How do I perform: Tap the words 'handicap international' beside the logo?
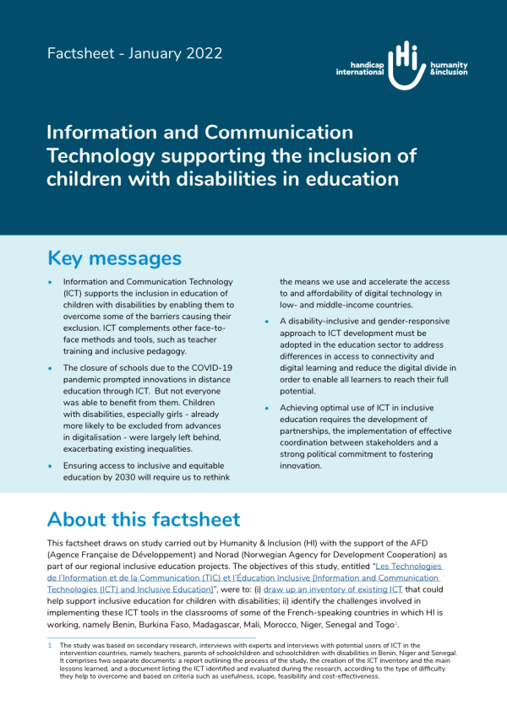click(x=359, y=68)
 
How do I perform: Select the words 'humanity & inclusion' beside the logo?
click(x=448, y=68)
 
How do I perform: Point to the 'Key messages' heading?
click(x=114, y=258)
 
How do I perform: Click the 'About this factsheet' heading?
click(x=144, y=518)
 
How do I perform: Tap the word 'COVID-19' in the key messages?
click(x=209, y=368)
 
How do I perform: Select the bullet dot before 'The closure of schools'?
click(x=51, y=369)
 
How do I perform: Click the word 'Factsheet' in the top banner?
click(x=84, y=53)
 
